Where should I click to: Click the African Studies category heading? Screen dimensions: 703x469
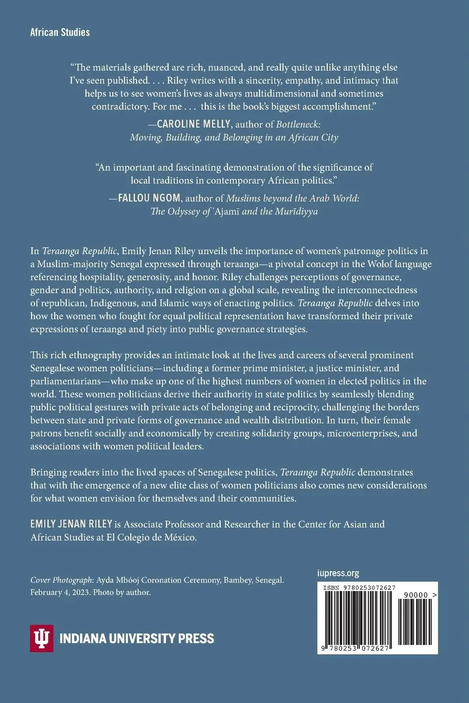60,33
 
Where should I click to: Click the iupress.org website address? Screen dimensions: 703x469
338,573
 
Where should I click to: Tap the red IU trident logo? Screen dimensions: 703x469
41,638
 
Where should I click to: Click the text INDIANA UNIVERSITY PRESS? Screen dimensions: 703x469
137,638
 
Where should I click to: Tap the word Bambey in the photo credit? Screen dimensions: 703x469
238,580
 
